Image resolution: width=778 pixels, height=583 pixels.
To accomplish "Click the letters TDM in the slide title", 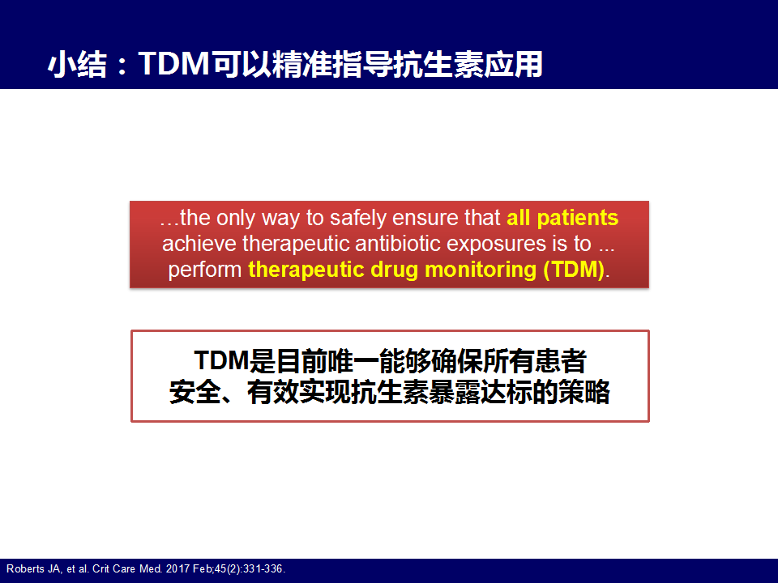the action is tap(173, 64).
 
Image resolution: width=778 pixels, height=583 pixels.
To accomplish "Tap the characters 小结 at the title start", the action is tap(78, 65).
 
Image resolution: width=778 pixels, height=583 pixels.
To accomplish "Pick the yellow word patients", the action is tap(578, 218).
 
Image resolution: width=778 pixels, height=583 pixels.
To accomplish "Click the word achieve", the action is tap(199, 244).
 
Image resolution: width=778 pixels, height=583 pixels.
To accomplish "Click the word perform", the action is tap(204, 270).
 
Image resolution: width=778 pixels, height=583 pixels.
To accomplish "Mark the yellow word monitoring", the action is tap(481, 270).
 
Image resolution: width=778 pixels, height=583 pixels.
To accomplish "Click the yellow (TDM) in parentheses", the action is tap(574, 270).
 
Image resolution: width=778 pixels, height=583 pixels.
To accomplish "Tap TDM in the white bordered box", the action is tap(220, 360).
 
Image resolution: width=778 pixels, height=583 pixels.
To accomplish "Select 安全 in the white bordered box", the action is tap(195, 392).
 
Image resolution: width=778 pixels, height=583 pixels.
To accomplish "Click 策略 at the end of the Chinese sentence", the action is tap(584, 392).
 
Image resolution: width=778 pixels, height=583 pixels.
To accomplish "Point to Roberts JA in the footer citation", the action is tap(34, 568).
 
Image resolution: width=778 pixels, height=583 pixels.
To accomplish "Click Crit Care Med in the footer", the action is tap(127, 568).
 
